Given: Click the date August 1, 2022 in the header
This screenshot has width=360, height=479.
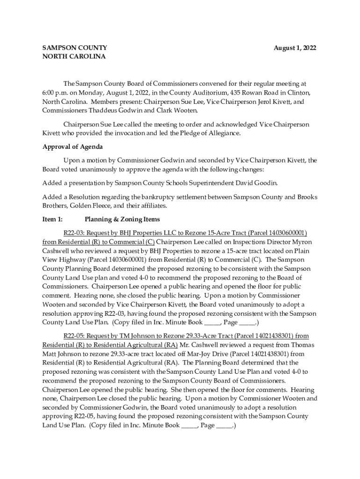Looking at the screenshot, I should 295,48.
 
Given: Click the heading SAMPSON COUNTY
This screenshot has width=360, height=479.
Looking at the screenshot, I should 75,48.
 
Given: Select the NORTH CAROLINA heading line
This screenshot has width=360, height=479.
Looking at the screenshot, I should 74,57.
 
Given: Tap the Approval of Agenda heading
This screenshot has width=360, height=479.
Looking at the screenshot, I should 72,147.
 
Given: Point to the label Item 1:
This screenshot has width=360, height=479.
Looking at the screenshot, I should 52,219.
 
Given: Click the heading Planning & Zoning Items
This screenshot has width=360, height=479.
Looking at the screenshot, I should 122,219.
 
